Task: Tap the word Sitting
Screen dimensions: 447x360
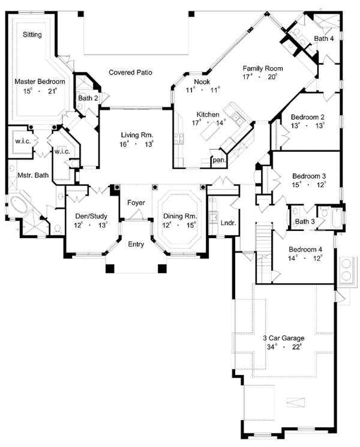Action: [32, 35]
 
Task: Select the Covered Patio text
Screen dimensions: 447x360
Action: [130, 73]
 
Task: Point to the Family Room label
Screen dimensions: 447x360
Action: [262, 68]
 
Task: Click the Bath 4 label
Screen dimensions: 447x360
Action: [324, 39]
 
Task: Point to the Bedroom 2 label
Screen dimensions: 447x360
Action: [307, 117]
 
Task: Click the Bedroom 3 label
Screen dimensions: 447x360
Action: [309, 176]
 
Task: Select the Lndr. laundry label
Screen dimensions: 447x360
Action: [227, 222]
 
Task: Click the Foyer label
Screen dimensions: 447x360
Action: [136, 203]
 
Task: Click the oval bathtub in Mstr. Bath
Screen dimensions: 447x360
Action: [21, 205]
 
